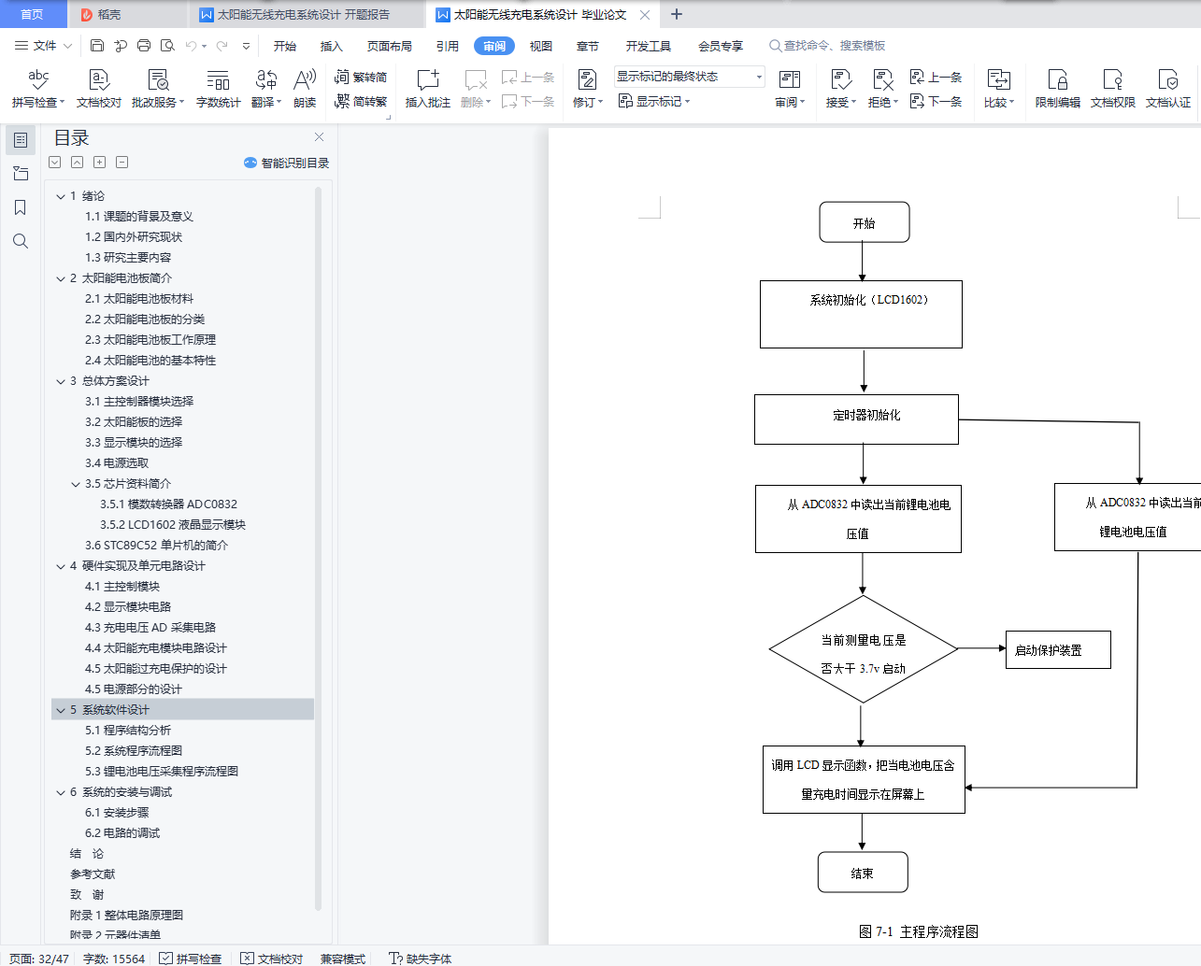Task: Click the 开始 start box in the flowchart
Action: pyautogui.click(x=864, y=222)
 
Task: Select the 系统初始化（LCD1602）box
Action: pyautogui.click(x=861, y=314)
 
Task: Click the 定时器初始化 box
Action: pyautogui.click(x=856, y=419)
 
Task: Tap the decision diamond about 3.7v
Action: pyautogui.click(x=863, y=650)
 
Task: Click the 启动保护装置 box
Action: pyautogui.click(x=1057, y=650)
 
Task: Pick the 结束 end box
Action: pyautogui.click(x=862, y=873)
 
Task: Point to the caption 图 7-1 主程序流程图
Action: pyautogui.click(x=918, y=931)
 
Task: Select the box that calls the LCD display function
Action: pyautogui.click(x=863, y=779)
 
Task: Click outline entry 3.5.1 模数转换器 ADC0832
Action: pyautogui.click(x=168, y=504)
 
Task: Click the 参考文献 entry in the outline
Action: pyautogui.click(x=93, y=874)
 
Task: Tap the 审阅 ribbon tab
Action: pyautogui.click(x=494, y=46)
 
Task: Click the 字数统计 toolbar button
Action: pyautogui.click(x=218, y=87)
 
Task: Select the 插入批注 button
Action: pyautogui.click(x=427, y=87)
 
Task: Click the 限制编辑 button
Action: pyautogui.click(x=1057, y=87)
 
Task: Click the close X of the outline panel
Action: pyautogui.click(x=319, y=137)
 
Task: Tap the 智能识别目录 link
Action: pyautogui.click(x=287, y=163)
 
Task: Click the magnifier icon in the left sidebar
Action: pyautogui.click(x=21, y=241)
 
